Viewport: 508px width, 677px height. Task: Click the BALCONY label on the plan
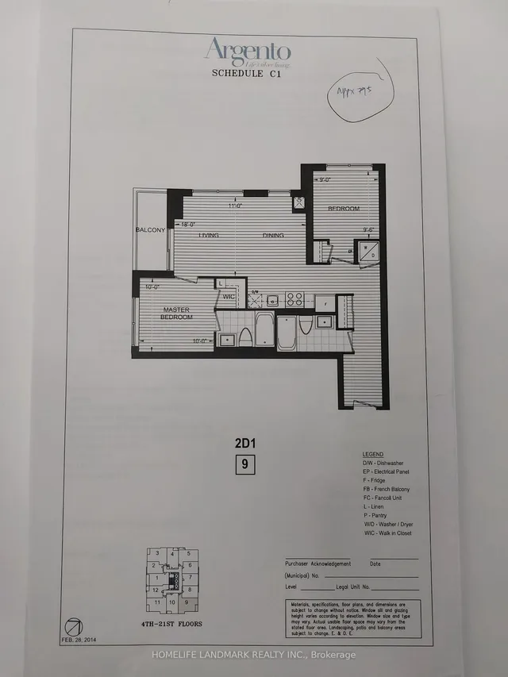[150, 230]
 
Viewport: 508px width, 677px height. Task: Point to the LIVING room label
[209, 236]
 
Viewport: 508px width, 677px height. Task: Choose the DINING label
[274, 236]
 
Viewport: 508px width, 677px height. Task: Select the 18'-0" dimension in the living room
[188, 225]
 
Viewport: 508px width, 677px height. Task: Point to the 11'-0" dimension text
[233, 206]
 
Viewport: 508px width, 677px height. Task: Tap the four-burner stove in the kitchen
[294, 299]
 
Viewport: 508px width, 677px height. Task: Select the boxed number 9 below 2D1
[244, 466]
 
